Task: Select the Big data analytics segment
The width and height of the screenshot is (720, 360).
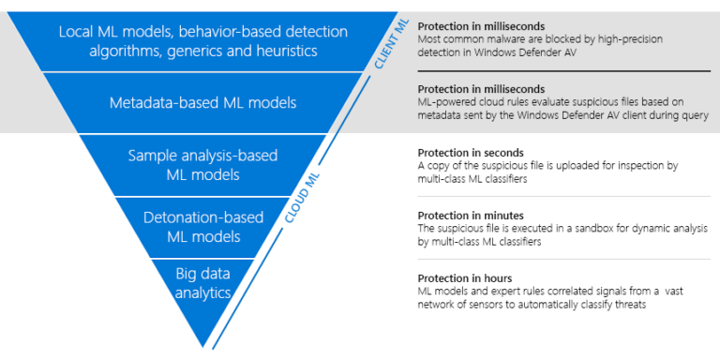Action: [203, 282]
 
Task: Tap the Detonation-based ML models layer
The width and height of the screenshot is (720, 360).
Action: [203, 227]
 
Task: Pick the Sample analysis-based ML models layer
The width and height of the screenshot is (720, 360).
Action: [203, 164]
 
